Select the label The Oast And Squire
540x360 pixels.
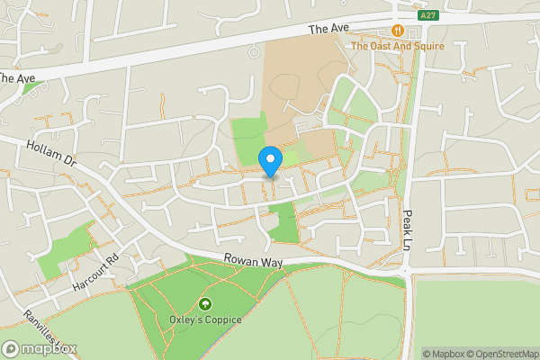pyautogui.click(x=397, y=46)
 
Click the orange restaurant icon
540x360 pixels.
pyautogui.click(x=397, y=30)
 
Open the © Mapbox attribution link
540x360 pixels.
pyautogui.click(x=444, y=354)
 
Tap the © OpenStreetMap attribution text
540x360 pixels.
pyautogui.click(x=502, y=354)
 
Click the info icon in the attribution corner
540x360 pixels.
pyautogui.click(x=415, y=354)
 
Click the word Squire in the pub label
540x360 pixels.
pyautogui.click(x=428, y=46)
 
